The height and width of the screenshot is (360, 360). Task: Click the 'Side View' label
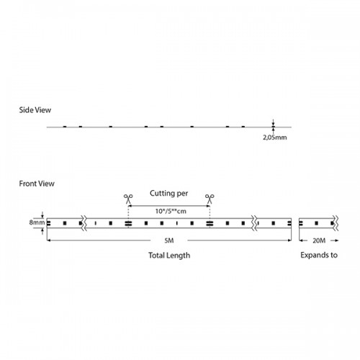(x=35, y=110)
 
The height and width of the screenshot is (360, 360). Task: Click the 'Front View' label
(x=37, y=184)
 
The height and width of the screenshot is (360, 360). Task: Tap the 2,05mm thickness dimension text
(x=275, y=138)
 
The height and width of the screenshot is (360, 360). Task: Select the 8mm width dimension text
(x=37, y=222)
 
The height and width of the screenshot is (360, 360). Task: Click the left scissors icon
(x=128, y=199)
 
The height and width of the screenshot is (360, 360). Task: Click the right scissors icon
(x=210, y=199)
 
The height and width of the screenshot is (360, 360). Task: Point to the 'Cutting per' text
(x=169, y=193)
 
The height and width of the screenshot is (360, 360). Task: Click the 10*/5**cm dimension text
(x=171, y=211)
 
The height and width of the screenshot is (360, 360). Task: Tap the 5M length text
(x=169, y=240)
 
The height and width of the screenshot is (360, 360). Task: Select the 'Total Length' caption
(x=169, y=256)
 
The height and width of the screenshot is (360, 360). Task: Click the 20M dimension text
(x=319, y=240)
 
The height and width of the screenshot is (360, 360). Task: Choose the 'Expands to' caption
(x=319, y=255)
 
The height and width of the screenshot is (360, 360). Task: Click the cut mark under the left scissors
(x=128, y=223)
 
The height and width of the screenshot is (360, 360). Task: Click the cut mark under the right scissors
(x=210, y=223)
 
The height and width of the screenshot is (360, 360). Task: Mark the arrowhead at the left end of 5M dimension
(x=48, y=240)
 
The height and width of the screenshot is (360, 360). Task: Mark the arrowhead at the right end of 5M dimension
(x=290, y=240)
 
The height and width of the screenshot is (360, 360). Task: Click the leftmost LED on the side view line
(x=65, y=127)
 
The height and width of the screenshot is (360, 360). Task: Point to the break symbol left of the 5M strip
(x=84, y=223)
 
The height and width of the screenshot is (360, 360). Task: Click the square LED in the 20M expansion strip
(x=316, y=223)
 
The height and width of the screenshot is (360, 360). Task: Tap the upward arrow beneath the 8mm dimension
(x=42, y=231)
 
